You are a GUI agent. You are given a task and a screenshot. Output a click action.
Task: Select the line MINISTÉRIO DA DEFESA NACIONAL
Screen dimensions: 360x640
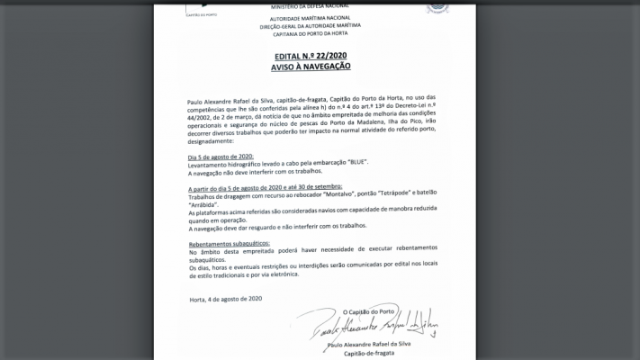click(x=310, y=6)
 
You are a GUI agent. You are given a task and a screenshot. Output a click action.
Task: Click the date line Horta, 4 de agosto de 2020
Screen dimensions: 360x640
click(x=225, y=298)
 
